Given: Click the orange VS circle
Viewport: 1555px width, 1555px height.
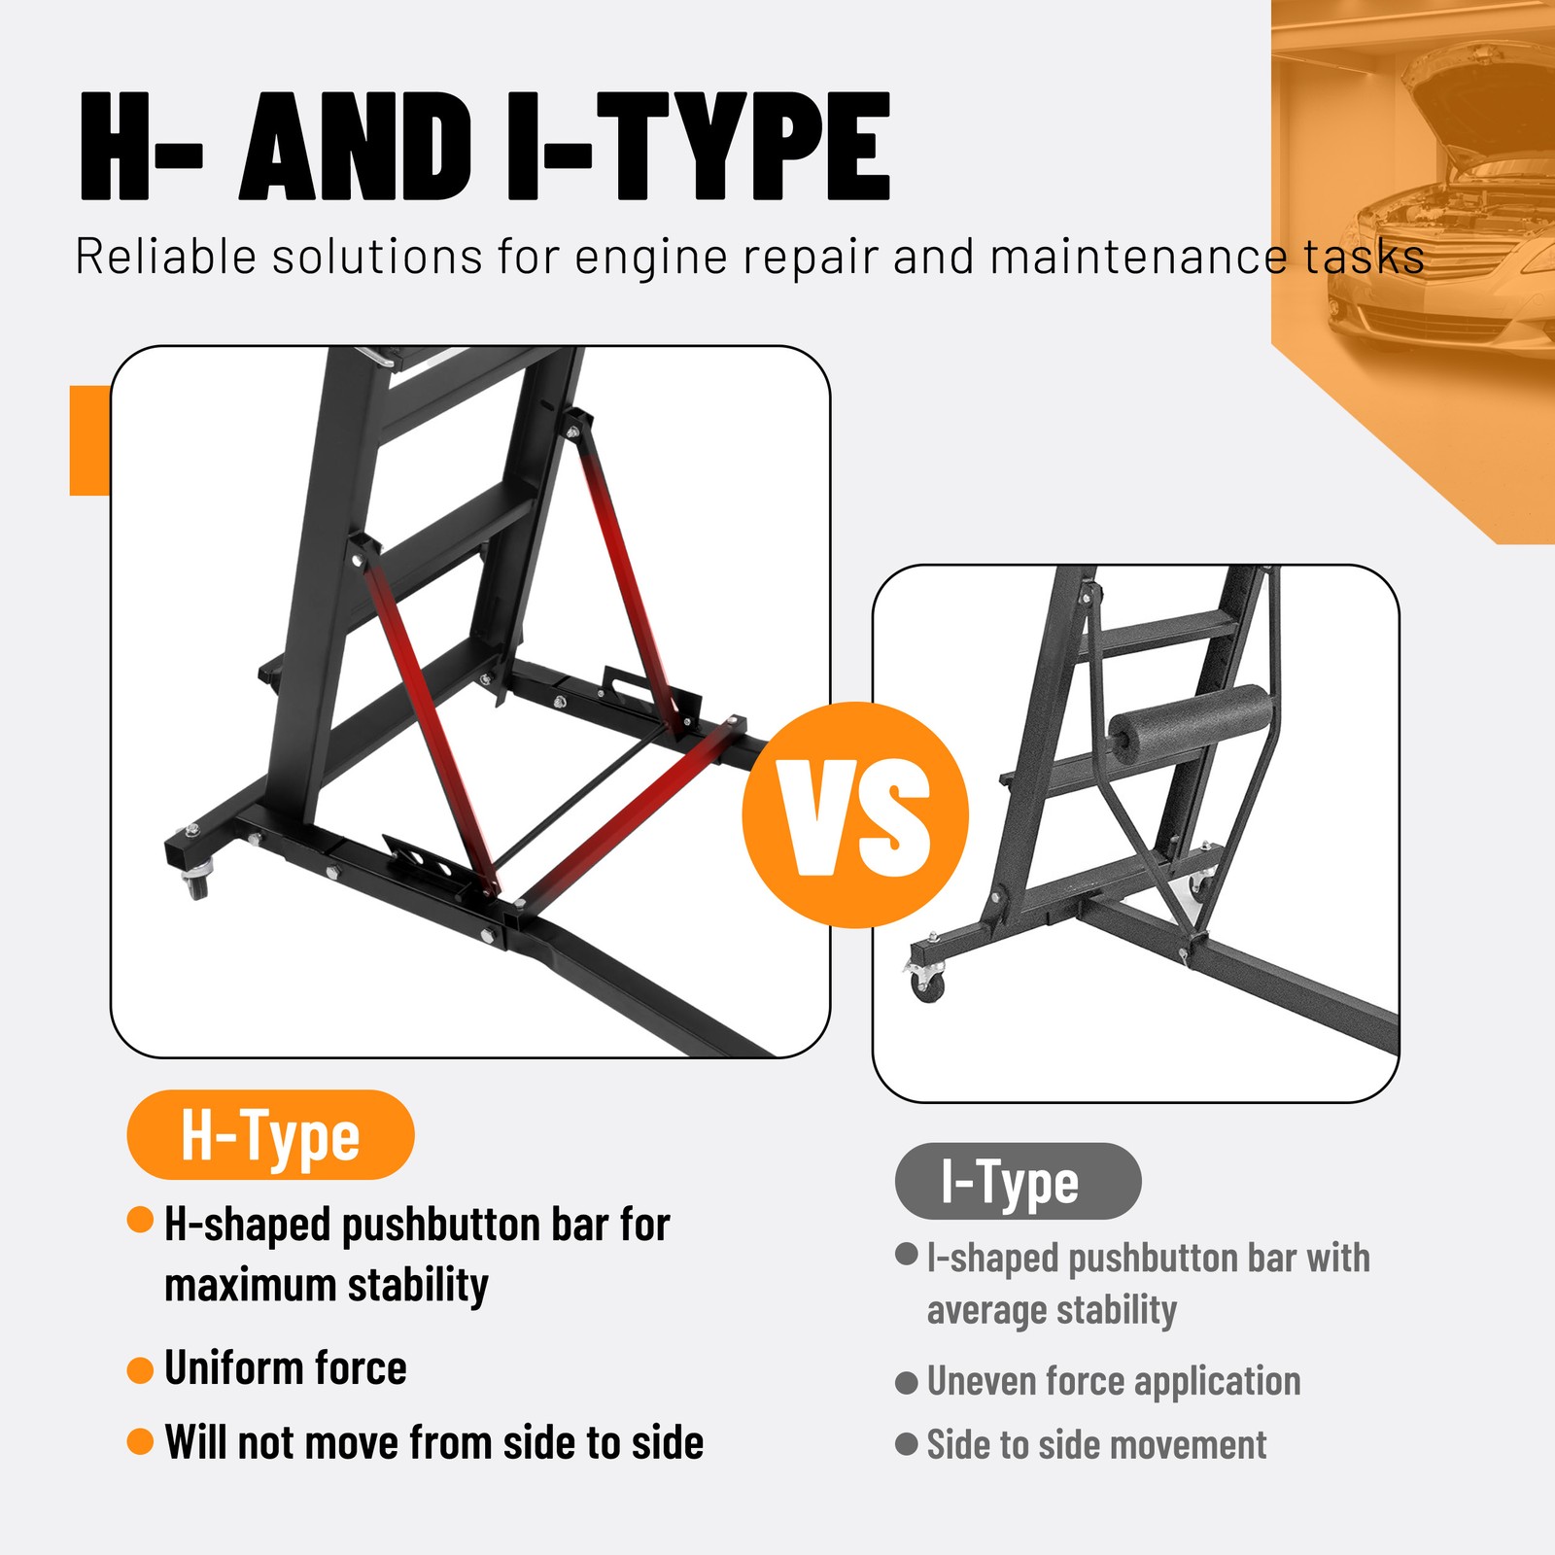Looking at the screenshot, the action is pyautogui.click(x=855, y=814).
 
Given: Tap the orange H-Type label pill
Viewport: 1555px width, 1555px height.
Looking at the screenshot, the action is pyautogui.click(x=270, y=1135).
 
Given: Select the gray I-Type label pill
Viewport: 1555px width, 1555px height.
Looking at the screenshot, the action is pyautogui.click(x=1018, y=1182).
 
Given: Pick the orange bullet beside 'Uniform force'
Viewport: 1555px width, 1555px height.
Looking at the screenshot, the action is pyautogui.click(x=140, y=1370).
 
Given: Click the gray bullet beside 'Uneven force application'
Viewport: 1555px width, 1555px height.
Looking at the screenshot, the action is pyautogui.click(x=907, y=1383).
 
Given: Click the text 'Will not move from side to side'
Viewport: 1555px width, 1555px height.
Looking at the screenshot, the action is pyautogui.click(x=433, y=1442).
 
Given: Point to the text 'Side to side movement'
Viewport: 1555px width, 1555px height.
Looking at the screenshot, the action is pyautogui.click(x=1096, y=1445).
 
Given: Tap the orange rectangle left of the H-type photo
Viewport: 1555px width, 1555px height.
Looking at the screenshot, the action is pyautogui.click(x=89, y=440).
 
